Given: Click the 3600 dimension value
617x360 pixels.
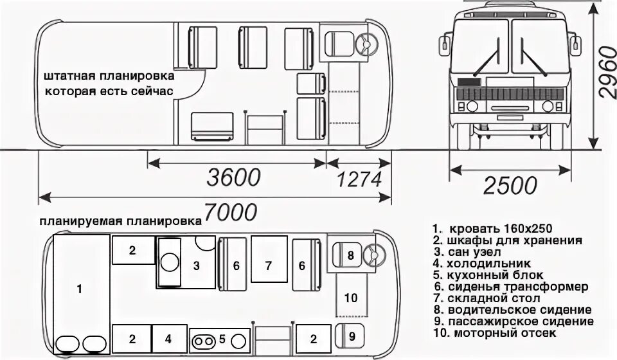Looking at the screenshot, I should click(233, 177).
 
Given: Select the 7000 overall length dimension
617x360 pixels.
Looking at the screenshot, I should click(230, 212).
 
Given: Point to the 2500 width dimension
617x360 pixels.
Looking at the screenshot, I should click(510, 185).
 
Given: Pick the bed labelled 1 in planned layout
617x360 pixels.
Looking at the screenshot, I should click(80, 289).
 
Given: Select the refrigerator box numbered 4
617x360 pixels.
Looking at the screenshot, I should click(168, 337).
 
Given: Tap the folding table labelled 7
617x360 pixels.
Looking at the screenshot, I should click(269, 264).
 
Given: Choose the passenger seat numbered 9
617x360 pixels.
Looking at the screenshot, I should click(351, 335).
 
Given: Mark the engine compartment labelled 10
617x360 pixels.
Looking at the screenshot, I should click(350, 298).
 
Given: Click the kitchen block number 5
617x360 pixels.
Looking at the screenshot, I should click(222, 339).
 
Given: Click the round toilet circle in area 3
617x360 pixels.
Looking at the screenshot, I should click(170, 262).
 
